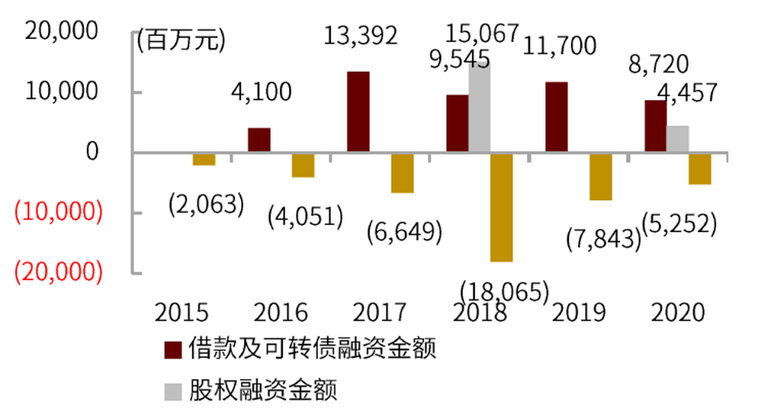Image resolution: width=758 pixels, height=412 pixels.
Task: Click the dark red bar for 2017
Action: pyautogui.click(x=358, y=112)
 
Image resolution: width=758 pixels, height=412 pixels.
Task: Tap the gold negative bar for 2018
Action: pyautogui.click(x=502, y=208)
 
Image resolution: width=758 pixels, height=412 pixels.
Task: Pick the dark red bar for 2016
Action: pyautogui.click(x=259, y=140)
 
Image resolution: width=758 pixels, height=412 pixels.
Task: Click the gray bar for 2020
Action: pyautogui.click(x=678, y=140)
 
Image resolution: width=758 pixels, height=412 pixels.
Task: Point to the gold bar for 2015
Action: pyautogui.click(x=204, y=159)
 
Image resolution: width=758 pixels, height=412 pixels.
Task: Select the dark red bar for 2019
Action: pyautogui.click(x=557, y=117)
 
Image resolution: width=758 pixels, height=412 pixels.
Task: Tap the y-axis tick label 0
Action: pyautogui.click(x=92, y=153)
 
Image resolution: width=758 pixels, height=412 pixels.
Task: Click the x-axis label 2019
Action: pyautogui.click(x=579, y=314)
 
